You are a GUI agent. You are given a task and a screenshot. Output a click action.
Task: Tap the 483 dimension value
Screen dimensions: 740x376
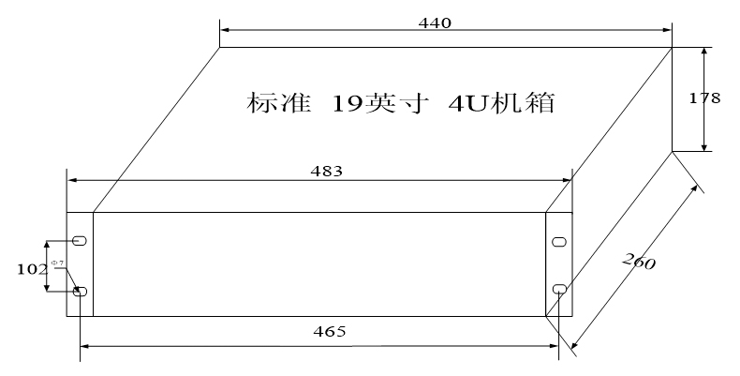click(326, 172)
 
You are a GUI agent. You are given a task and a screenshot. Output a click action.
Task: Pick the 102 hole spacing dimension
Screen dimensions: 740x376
click(33, 268)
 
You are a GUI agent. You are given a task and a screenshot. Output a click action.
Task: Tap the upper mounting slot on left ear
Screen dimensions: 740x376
click(80, 241)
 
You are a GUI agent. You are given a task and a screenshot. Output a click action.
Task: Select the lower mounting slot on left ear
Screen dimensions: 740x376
click(80, 293)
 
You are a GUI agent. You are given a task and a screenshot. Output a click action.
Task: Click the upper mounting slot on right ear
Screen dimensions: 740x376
click(559, 241)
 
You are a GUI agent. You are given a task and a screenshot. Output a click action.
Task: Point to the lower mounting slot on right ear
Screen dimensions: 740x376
click(559, 288)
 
